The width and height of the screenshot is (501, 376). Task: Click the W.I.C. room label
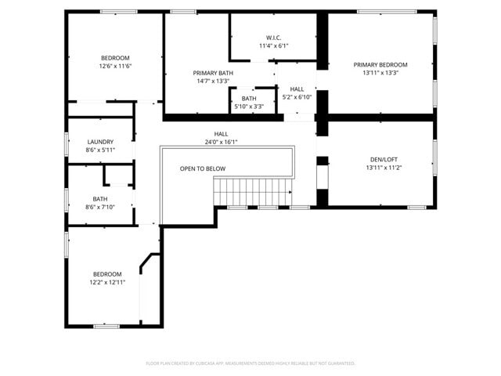pyautogui.click(x=274, y=37)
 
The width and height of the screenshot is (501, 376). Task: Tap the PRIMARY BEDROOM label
pyautogui.click(x=380, y=65)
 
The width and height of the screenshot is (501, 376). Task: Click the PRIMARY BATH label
pyautogui.click(x=214, y=73)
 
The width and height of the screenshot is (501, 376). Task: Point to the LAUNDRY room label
pyautogui.click(x=100, y=142)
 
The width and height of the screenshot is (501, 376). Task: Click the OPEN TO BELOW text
pyautogui.click(x=203, y=168)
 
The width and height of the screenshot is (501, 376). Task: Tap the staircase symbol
pyautogui.click(x=253, y=190)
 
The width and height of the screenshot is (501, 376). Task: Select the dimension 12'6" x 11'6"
pyautogui.click(x=115, y=67)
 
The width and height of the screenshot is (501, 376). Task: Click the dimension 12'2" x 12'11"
pyautogui.click(x=107, y=282)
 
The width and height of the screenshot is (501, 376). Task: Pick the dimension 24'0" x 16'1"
pyautogui.click(x=221, y=143)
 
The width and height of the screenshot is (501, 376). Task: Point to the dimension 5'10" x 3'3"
pyautogui.click(x=249, y=107)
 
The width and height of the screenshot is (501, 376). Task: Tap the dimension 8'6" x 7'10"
pyautogui.click(x=100, y=207)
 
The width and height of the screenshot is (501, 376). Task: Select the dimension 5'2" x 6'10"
pyautogui.click(x=297, y=97)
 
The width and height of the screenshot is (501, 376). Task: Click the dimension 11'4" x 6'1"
pyautogui.click(x=274, y=45)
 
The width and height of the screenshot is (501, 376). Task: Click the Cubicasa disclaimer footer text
pyautogui.click(x=250, y=363)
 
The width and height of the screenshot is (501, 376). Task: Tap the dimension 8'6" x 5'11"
pyautogui.click(x=100, y=150)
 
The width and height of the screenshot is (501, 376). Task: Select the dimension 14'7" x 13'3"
pyautogui.click(x=213, y=81)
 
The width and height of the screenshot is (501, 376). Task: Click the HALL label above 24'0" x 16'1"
pyautogui.click(x=222, y=134)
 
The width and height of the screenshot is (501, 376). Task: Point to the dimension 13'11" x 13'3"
pyautogui.click(x=380, y=73)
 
